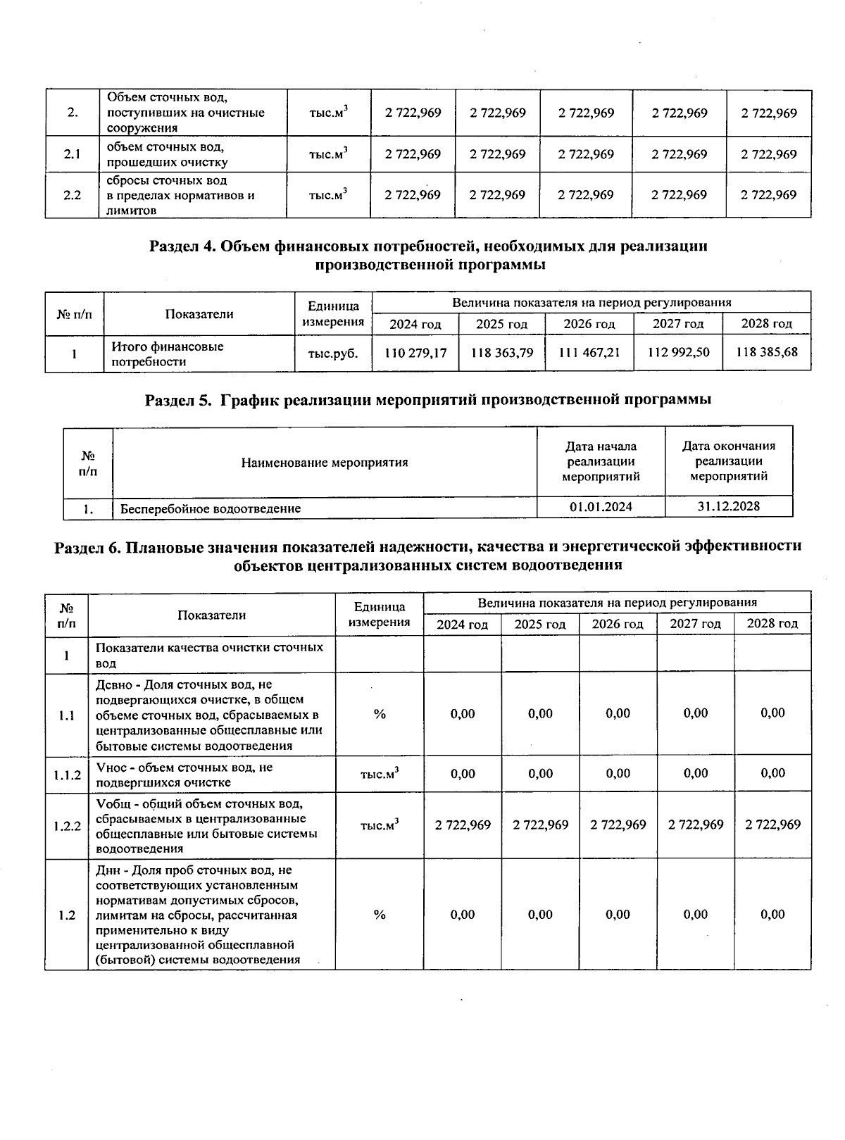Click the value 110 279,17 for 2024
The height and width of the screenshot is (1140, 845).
[415, 353]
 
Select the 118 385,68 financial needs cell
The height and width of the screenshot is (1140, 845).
[767, 352]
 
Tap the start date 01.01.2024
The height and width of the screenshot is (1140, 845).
[601, 507]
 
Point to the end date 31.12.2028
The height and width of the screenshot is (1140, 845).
[728, 506]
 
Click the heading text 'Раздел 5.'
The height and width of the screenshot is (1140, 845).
[178, 400]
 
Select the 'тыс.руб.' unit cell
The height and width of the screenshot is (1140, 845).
[333, 353]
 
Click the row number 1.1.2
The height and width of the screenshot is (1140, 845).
[67, 775]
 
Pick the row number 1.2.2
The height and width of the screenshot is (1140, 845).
[67, 825]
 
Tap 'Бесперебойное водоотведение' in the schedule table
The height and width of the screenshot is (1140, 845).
[210, 508]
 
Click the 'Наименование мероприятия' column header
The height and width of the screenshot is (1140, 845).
[325, 463]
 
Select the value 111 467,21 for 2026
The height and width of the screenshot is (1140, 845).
[589, 353]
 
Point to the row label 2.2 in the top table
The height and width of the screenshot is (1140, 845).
[72, 195]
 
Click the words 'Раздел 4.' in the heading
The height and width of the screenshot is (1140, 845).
[182, 246]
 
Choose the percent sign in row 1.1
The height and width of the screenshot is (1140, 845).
[380, 714]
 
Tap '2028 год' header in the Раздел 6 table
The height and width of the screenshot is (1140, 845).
[772, 624]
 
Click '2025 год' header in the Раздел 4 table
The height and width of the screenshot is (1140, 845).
[501, 324]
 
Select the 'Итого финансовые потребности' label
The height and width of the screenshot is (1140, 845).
[168, 354]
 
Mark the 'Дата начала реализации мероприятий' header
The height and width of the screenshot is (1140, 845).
[601, 461]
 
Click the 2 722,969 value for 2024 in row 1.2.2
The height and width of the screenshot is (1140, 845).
[463, 825]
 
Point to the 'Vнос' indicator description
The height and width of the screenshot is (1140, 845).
[184, 775]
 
